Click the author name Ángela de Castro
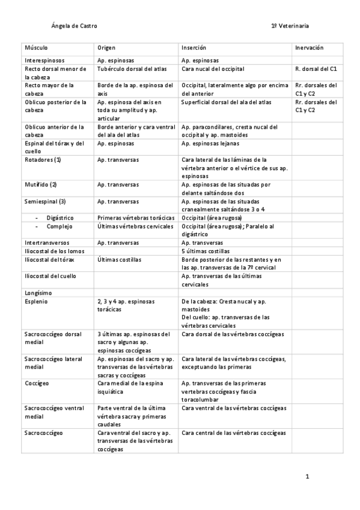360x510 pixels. pos(75,26)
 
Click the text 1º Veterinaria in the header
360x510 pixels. pos(290,26)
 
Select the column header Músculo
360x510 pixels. pos(36,48)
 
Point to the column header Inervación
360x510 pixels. pos(310,48)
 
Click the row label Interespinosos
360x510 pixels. pos(44,61)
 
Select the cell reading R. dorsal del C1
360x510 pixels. pos(316,69)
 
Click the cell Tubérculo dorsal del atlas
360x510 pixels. pos(132,69)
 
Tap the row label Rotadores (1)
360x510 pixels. pos(42,159)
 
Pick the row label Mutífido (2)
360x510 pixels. pos(41,184)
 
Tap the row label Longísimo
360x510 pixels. pos(37,292)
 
